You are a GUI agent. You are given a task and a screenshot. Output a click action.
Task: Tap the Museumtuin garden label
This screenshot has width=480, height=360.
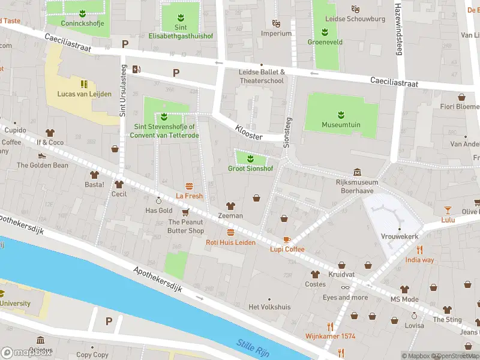pos(340,125)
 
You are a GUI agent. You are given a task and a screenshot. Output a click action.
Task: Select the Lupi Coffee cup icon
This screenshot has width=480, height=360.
pos(287,239)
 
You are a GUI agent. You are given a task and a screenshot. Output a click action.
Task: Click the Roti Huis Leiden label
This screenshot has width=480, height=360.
pos(230,242)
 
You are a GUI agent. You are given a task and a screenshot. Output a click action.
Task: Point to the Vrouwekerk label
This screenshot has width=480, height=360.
pos(399,236)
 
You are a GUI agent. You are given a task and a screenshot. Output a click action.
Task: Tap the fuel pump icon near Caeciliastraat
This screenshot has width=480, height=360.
pos(137,68)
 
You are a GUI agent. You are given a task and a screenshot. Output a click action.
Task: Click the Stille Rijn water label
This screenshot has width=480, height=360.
pos(252,346)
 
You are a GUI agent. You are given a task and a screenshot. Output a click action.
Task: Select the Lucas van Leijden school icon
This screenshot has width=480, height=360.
pos(84,84)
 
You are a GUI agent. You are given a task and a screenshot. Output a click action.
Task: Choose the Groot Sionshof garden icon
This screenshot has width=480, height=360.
pos(250,159)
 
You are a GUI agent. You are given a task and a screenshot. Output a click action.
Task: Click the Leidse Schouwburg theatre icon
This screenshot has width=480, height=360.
pos(355,9)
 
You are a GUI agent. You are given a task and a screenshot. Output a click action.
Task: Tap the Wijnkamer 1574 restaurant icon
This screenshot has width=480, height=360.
pos(329,326)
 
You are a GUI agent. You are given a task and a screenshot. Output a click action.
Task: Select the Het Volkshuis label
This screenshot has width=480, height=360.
pos(269,307)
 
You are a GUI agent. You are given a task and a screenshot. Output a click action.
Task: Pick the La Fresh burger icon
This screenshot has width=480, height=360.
pos(190,186)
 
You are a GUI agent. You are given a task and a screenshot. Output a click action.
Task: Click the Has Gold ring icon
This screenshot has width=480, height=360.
pos(159,200)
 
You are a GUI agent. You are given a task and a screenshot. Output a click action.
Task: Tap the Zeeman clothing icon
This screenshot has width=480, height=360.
pos(230,206)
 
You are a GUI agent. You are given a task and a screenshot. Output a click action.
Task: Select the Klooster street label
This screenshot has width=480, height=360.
pos(249,133)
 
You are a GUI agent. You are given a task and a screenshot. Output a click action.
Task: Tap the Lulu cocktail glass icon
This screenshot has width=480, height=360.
pos(448,209)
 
